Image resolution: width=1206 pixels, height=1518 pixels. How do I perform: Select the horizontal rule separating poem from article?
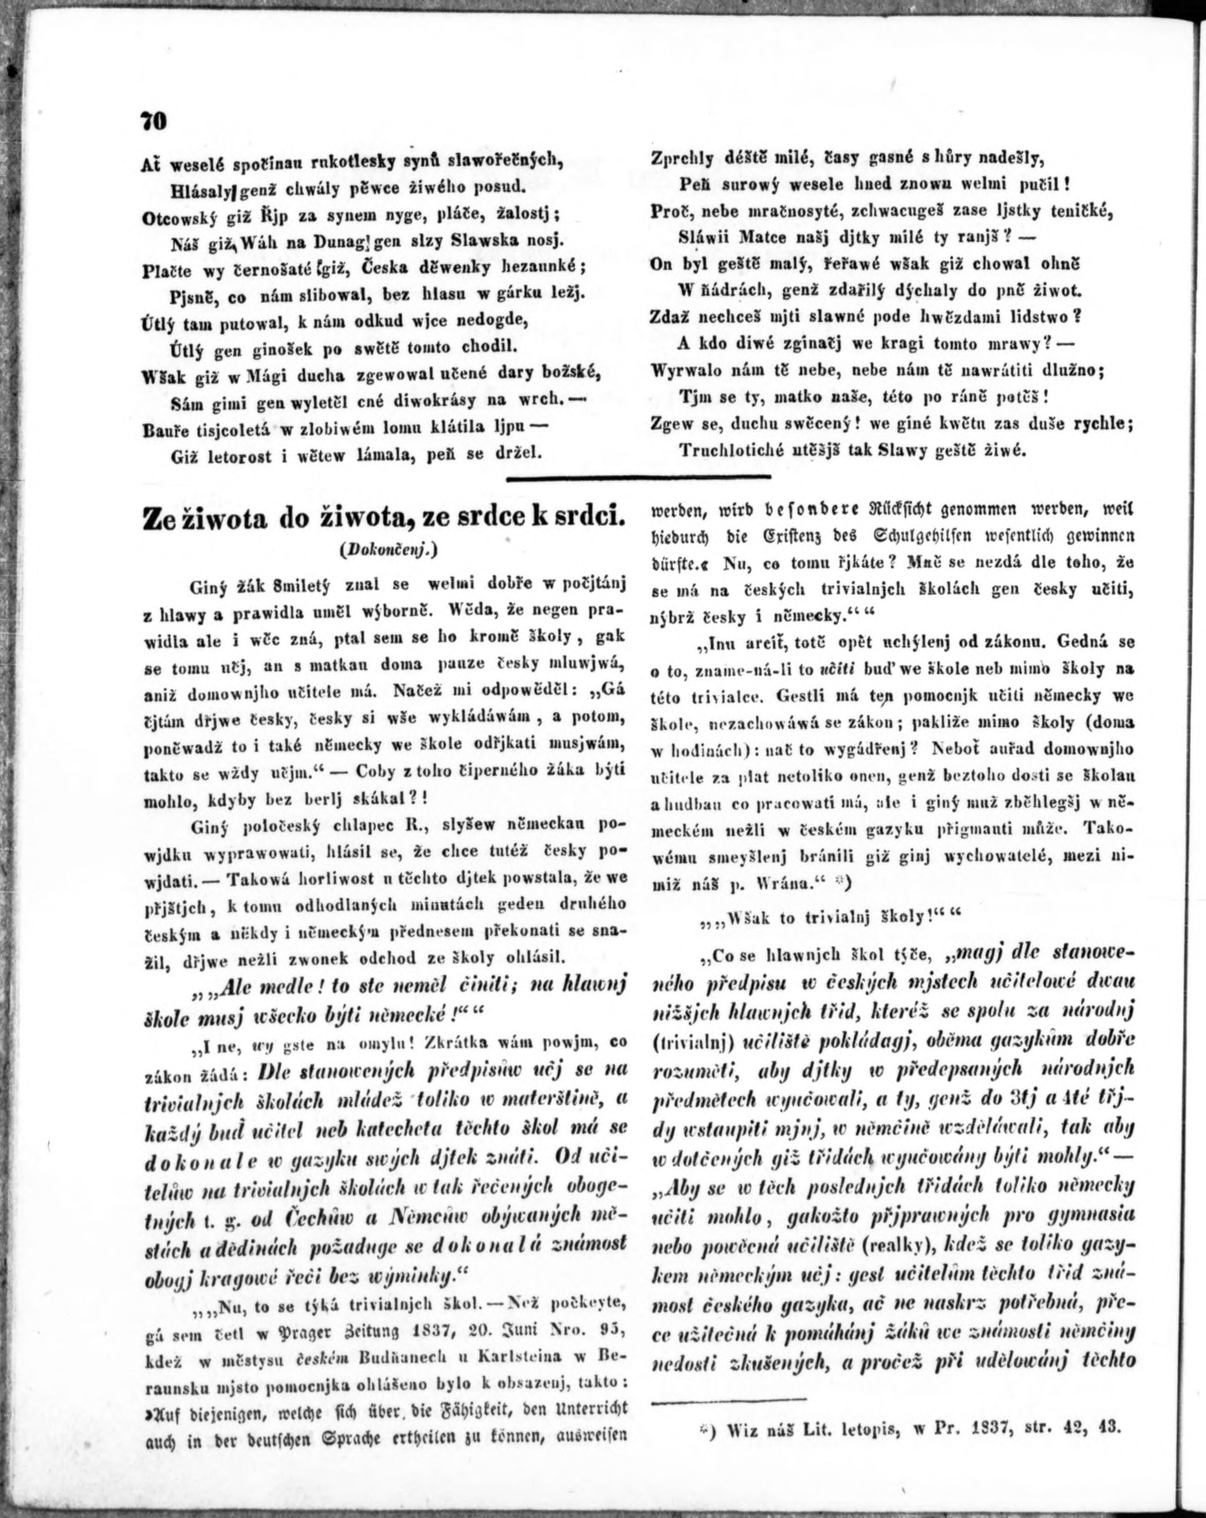point(639,479)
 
